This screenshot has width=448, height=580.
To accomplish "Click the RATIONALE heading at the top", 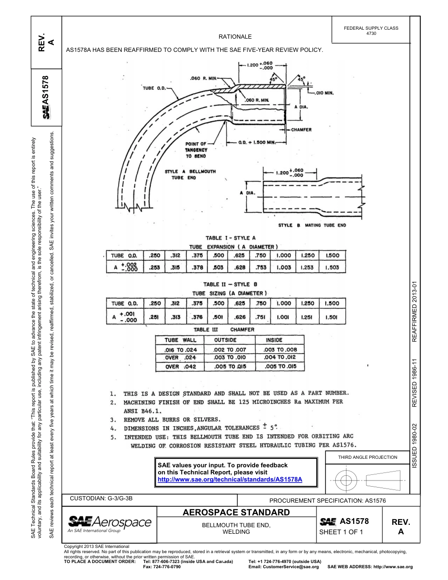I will pyautogui.click(x=235, y=36).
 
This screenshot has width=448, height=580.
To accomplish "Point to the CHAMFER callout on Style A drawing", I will pyautogui.click(x=301, y=130).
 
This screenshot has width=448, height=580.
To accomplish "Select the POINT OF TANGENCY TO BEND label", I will pyautogui.click(x=196, y=149).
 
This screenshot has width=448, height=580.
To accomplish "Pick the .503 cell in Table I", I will pyautogui.click(x=218, y=267).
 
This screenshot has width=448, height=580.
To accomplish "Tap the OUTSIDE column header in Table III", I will pyautogui.click(x=225, y=340).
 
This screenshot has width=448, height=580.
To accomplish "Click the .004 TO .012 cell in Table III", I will pyautogui.click(x=280, y=357).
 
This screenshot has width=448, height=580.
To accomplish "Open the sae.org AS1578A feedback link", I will pyautogui.click(x=229, y=479).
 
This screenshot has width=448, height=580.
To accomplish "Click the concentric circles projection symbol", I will pyautogui.click(x=346, y=481).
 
